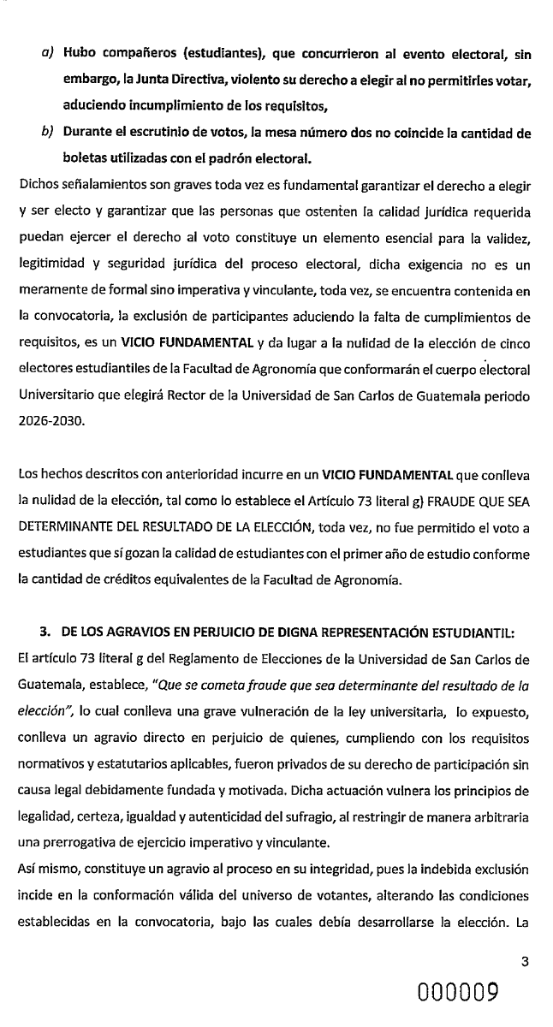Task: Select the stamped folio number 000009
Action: point(461,995)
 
